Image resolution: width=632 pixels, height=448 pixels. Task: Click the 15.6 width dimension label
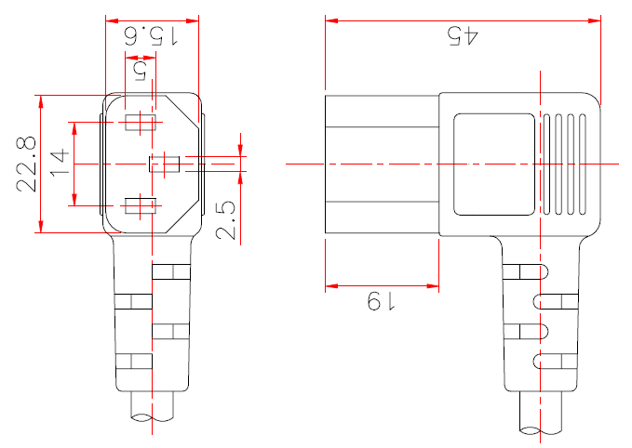tap(153, 37)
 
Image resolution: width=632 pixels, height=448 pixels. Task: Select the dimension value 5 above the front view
tap(141, 71)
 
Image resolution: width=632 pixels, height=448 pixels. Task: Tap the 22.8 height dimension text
tap(26, 164)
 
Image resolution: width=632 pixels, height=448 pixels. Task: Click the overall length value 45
tap(463, 36)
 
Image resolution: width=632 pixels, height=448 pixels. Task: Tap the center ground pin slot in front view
tap(165, 165)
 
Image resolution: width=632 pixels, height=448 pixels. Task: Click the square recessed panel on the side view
tap(493, 164)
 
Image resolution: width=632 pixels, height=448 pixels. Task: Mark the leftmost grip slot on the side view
tap(547, 164)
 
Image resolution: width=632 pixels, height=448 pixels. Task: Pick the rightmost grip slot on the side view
tap(582, 164)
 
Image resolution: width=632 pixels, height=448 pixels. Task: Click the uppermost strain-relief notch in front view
tap(169, 272)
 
